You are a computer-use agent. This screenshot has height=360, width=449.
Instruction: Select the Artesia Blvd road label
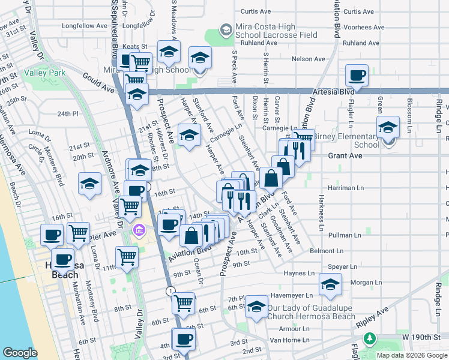[331, 92]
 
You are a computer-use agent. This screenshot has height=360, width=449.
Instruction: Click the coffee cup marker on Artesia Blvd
[357, 76]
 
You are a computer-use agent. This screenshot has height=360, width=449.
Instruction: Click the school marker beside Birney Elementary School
[388, 128]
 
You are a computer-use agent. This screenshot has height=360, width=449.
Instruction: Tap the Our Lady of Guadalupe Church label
[312, 312]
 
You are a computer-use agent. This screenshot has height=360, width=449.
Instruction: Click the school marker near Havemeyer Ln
[330, 286]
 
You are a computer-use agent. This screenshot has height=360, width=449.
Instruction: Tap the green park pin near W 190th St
[370, 338]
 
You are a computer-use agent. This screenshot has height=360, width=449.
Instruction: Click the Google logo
[20, 353]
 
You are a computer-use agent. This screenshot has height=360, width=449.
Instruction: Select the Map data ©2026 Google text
[411, 355]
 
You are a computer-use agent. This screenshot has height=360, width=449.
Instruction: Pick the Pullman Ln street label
[344, 235]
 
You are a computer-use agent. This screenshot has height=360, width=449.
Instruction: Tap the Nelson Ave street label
[308, 59]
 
